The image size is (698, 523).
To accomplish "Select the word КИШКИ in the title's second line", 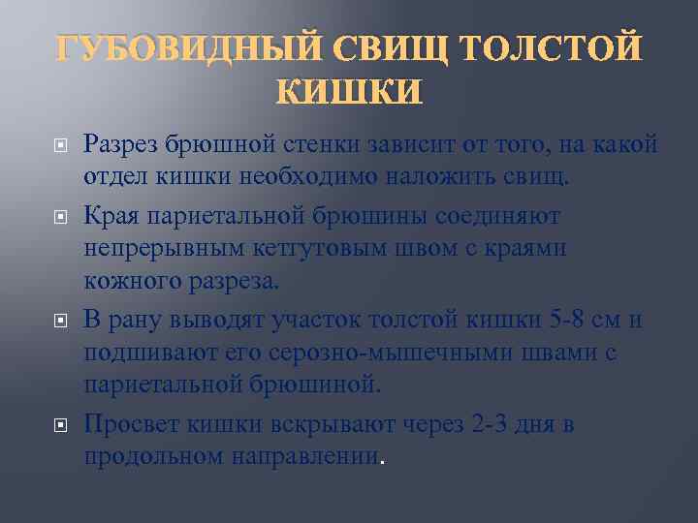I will (x=349, y=93).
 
